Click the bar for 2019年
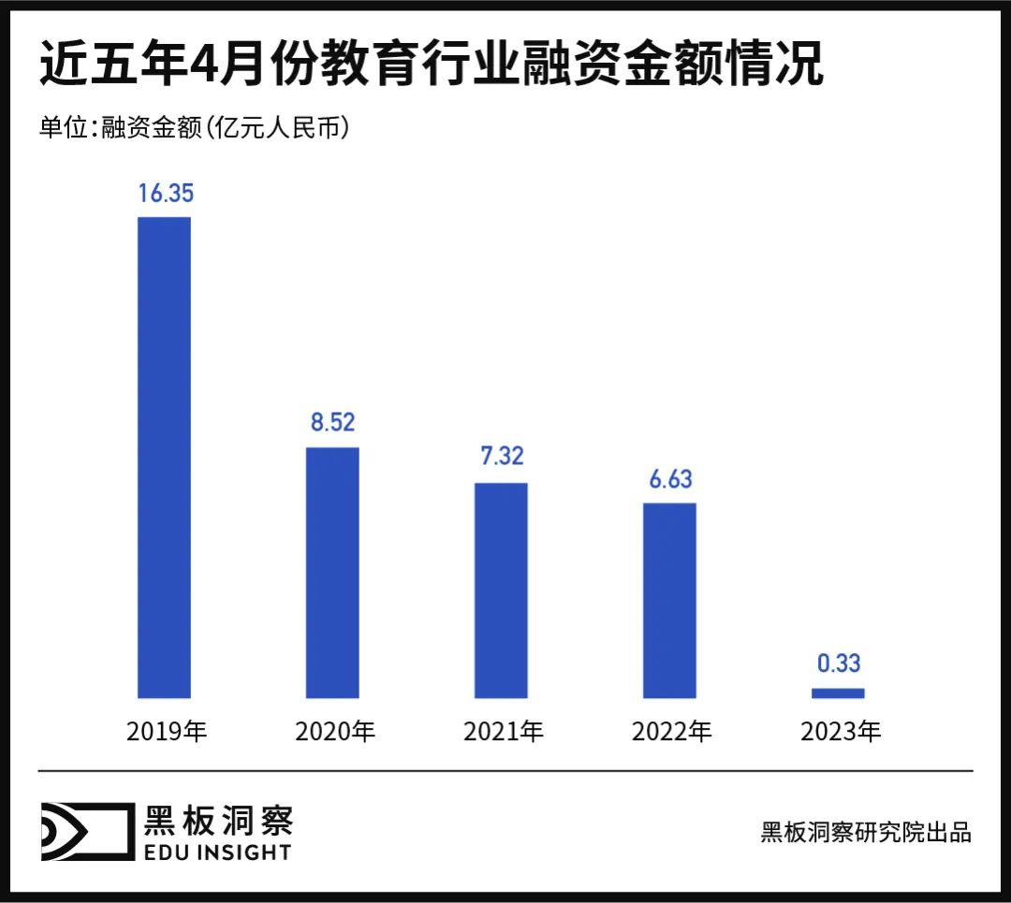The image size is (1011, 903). click(164, 458)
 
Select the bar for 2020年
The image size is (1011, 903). click(332, 573)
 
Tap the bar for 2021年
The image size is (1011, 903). click(501, 590)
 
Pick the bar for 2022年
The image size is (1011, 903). click(669, 601)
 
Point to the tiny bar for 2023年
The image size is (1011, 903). click(838, 693)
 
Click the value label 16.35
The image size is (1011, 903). click(165, 194)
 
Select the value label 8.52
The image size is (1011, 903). click(332, 423)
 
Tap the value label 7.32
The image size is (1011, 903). click(501, 458)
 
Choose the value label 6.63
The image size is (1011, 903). click(669, 478)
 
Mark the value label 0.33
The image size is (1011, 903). click(838, 663)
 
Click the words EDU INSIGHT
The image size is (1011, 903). click(217, 852)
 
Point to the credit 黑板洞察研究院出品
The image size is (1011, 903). click(866, 832)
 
